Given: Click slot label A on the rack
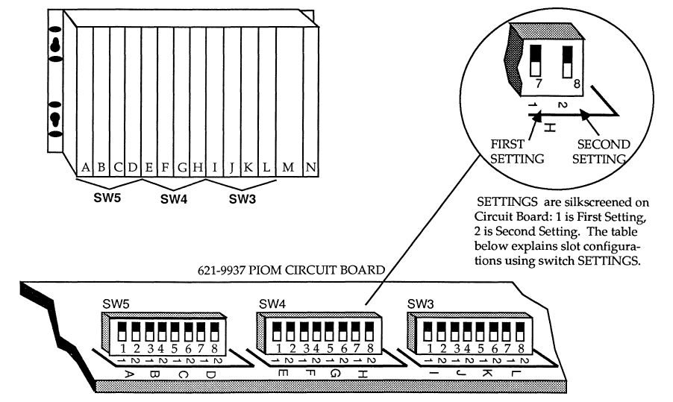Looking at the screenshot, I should pyautogui.click(x=86, y=169).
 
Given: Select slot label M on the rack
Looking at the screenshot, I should pyautogui.click(x=288, y=169).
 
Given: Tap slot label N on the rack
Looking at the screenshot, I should pyautogui.click(x=310, y=169).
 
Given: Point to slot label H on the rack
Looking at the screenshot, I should pyautogui.click(x=198, y=169).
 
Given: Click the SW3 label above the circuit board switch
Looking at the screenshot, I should pyautogui.click(x=420, y=304).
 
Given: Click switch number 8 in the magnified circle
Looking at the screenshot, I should pyautogui.click(x=568, y=63).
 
